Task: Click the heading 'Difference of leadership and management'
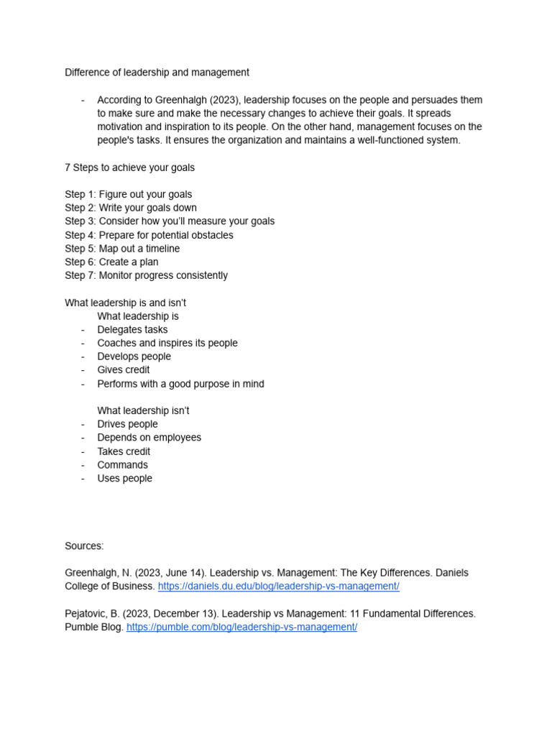(157, 73)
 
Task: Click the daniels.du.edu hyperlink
(278, 586)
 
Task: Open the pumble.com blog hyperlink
(241, 627)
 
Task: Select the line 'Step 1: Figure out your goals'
(128, 195)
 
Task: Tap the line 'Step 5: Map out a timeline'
(122, 249)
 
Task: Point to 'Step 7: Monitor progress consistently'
(146, 275)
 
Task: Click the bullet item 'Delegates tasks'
(132, 330)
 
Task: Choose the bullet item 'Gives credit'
(124, 370)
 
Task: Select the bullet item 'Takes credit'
(124, 451)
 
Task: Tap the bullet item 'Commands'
(122, 465)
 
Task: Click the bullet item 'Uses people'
(124, 479)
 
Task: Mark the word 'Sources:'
(84, 546)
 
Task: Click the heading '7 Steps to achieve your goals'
(129, 167)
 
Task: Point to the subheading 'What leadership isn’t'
(143, 410)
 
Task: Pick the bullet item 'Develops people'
(134, 356)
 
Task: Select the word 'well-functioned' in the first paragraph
(386, 140)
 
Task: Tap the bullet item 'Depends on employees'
(149, 438)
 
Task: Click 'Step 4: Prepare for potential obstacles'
(149, 235)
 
